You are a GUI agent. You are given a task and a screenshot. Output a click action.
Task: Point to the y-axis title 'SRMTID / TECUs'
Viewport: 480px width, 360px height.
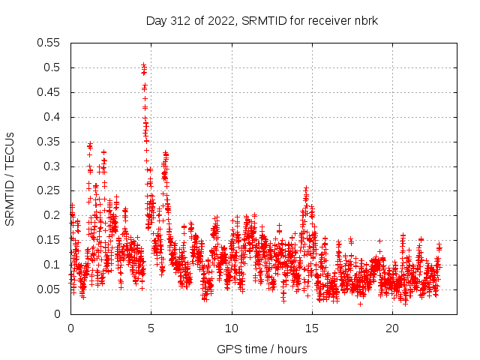point(10,178)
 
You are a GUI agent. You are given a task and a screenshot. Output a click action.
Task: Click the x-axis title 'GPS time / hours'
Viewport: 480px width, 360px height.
point(262,349)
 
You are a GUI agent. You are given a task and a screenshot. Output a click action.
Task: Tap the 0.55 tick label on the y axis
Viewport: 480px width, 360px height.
point(50,43)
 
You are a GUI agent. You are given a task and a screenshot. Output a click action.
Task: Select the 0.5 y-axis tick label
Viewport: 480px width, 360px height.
point(53,67)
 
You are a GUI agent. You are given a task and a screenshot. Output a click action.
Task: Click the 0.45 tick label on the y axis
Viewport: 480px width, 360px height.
point(50,92)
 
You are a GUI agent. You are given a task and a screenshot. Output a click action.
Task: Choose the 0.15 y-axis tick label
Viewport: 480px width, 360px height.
point(50,240)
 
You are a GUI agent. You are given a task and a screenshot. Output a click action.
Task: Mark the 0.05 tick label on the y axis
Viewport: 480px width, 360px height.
point(50,289)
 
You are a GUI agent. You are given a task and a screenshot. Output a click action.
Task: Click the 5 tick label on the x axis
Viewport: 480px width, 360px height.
point(151,328)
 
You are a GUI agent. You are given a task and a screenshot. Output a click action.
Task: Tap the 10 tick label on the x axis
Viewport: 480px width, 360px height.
point(232,328)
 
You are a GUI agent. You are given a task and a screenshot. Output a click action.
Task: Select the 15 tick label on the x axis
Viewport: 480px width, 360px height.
point(312,328)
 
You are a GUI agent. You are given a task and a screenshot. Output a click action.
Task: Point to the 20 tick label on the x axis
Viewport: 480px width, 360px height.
point(392,328)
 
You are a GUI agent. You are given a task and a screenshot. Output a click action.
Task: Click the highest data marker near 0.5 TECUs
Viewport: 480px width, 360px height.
point(143,65)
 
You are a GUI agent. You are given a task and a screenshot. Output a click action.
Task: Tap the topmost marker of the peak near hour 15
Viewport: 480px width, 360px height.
point(306,188)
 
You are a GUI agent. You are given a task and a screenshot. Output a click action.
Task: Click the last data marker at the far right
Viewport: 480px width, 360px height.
point(439,247)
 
